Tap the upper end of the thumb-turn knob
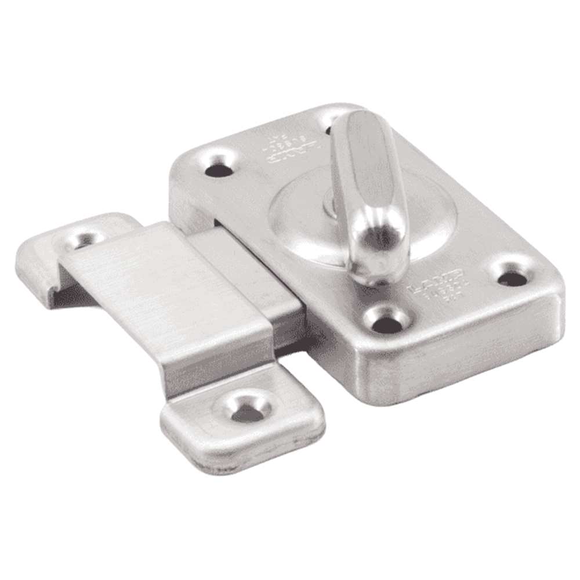364,125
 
